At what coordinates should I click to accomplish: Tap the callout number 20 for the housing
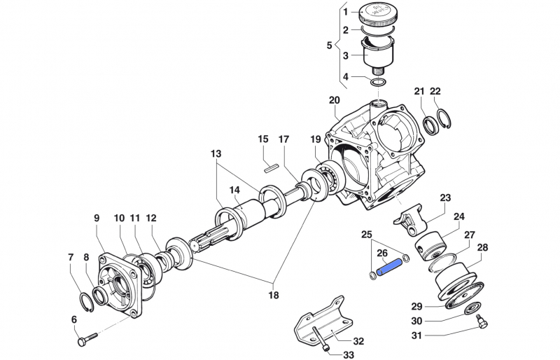[334, 100]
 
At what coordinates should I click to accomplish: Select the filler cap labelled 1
[379, 15]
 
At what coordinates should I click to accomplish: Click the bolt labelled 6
[85, 341]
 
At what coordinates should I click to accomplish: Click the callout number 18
[273, 295]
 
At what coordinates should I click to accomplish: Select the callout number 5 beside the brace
[330, 46]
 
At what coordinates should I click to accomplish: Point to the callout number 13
[215, 153]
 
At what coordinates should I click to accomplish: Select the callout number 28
[483, 247]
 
